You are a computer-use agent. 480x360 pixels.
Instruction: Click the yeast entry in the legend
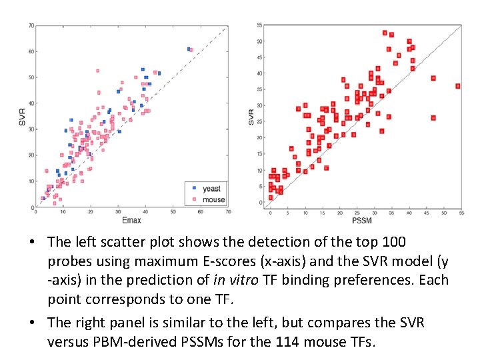point(211,189)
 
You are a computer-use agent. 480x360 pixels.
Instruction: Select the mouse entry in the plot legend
point(213,199)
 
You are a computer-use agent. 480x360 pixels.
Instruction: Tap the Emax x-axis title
point(131,220)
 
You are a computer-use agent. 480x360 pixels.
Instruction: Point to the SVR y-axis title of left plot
point(21,117)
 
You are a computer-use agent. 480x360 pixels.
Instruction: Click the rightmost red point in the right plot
point(457,86)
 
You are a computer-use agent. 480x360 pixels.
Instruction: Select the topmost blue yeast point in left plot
point(189,49)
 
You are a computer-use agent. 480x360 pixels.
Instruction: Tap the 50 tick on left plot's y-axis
point(31,77)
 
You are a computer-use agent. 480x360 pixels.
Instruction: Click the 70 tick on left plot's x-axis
point(228,212)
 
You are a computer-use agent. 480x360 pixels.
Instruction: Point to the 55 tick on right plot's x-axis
point(461,212)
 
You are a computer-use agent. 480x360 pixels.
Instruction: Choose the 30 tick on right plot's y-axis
point(260,106)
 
